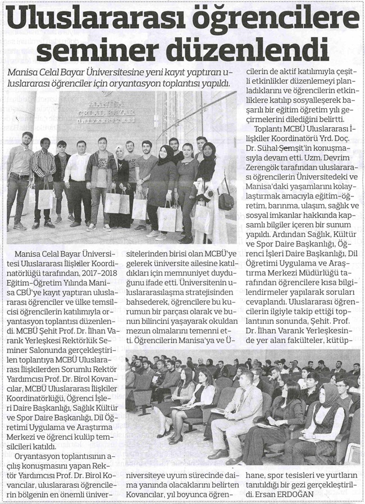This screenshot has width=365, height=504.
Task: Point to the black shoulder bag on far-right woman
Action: [225, 200]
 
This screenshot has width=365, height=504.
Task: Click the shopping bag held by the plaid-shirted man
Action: [45, 197]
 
